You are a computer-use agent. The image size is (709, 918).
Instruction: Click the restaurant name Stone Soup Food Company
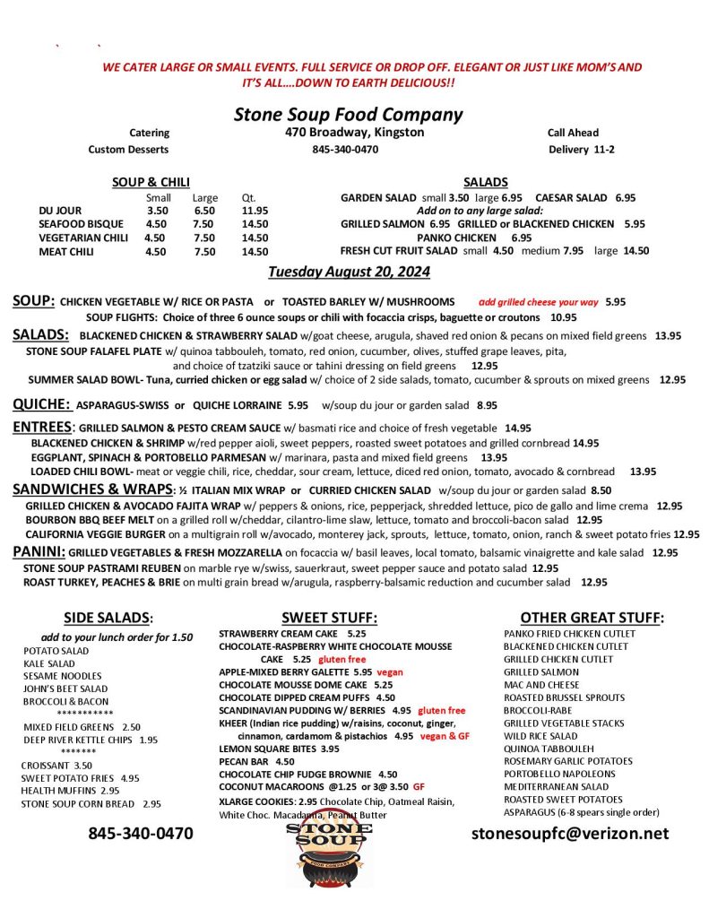click(x=348, y=115)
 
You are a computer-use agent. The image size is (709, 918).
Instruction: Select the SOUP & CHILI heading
click(x=151, y=182)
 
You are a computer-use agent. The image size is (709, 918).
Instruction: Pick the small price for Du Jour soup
click(x=157, y=211)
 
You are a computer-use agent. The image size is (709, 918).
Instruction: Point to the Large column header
click(x=204, y=197)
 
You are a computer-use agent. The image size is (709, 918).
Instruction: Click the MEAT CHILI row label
click(x=66, y=252)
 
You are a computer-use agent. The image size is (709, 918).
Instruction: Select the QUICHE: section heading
click(x=41, y=404)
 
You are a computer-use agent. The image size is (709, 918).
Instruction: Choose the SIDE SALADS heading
click(x=108, y=618)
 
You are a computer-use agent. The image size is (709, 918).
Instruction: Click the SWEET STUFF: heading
click(x=329, y=618)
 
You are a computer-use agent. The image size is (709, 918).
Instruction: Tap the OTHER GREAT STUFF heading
click(x=592, y=618)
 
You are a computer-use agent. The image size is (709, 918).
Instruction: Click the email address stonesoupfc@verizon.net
click(x=570, y=833)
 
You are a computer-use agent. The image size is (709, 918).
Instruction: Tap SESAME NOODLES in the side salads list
click(x=63, y=675)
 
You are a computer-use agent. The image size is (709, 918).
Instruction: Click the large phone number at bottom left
click(x=140, y=833)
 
